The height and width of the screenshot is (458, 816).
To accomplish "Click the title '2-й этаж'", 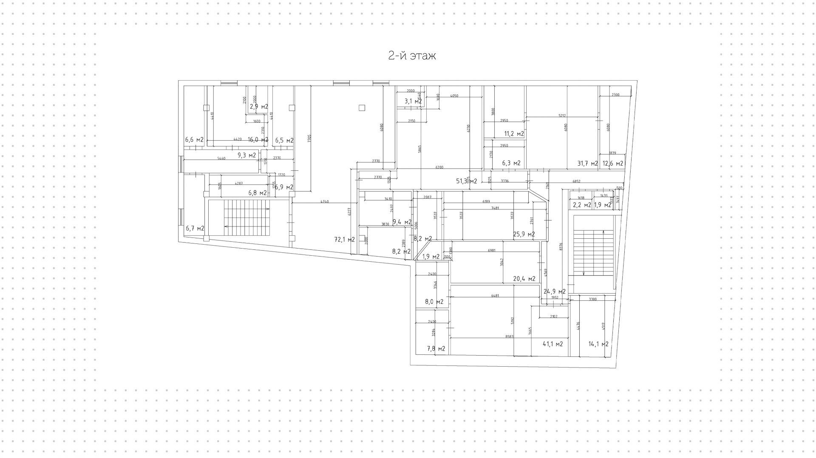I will [x=412, y=56].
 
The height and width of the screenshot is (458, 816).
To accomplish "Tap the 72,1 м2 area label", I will [x=344, y=240].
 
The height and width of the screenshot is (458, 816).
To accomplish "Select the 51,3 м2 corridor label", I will [x=466, y=181].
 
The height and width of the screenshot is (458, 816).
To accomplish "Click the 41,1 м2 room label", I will [x=552, y=344].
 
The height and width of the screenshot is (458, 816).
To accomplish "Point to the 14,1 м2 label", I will [x=598, y=344].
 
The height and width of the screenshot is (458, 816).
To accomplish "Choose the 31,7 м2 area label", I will [x=587, y=163].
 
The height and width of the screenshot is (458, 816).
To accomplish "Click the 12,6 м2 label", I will [x=612, y=163].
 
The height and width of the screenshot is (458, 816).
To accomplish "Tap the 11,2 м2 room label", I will [x=514, y=134].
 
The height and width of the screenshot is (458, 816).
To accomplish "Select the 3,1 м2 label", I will [x=413, y=101].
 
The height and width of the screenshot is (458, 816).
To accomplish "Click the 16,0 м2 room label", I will [x=258, y=140].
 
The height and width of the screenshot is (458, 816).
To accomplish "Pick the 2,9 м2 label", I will [x=259, y=107].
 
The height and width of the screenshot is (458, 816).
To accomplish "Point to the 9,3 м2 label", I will [x=246, y=155].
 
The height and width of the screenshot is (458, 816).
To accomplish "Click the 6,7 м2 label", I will [x=195, y=228].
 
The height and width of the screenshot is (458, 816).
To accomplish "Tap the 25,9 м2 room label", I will [x=524, y=234].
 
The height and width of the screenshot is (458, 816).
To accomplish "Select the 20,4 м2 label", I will [x=524, y=279].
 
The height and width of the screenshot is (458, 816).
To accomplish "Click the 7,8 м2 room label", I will [x=436, y=349].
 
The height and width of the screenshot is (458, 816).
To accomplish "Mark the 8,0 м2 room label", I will [x=434, y=302].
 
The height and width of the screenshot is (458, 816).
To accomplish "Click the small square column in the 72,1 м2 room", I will [x=362, y=108].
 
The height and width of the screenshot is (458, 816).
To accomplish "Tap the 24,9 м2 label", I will [x=555, y=291].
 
